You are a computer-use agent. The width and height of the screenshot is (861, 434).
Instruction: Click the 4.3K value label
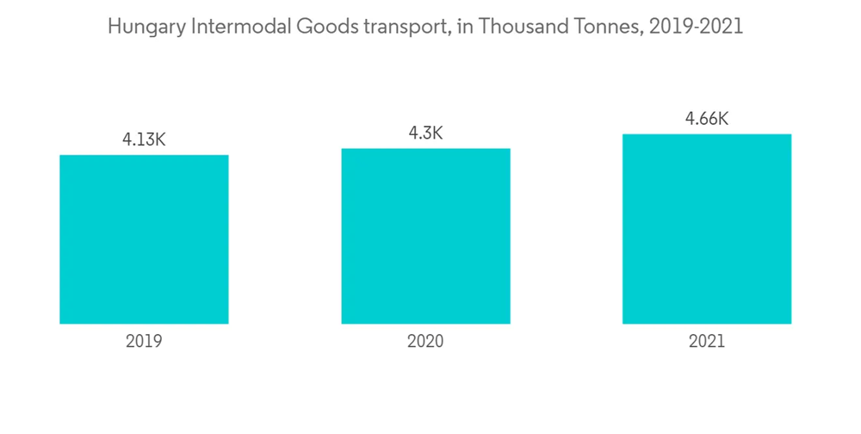coord(425,133)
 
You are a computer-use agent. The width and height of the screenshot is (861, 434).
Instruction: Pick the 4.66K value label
coord(707,119)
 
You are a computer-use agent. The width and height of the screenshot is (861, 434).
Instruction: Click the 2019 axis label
coord(144,342)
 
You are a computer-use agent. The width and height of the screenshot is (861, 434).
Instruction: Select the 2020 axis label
coord(425,342)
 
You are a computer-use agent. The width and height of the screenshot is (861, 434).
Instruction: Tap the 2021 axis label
coord(707,342)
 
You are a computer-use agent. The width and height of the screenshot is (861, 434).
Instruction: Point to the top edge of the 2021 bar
coord(707,134)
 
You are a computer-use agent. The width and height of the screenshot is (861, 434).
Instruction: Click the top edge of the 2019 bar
coord(144,156)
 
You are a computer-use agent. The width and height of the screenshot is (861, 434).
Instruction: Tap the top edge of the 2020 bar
coord(425,149)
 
